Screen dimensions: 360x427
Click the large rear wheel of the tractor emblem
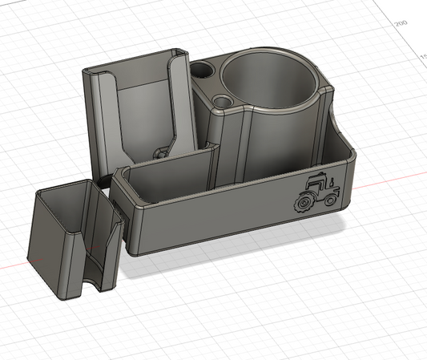pos(305,204)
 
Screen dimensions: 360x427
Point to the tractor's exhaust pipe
pos(332,181)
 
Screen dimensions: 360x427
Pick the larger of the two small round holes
pos(204,71)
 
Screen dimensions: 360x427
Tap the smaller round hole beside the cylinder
pos(224,102)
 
